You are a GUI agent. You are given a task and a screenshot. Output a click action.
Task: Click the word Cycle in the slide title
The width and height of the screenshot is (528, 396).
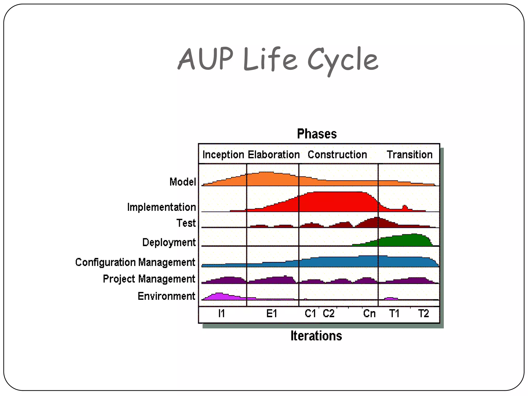[343, 60]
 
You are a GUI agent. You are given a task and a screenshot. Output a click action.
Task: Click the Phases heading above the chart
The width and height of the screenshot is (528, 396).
[317, 134]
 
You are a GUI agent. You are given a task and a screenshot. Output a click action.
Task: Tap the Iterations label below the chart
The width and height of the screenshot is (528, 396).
[316, 336]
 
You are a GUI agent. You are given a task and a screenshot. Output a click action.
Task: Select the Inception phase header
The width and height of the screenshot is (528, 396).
[223, 155]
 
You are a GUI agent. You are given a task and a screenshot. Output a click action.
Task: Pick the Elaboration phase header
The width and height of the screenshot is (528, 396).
[274, 155]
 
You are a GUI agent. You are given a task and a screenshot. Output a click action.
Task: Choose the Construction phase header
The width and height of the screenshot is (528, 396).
[337, 155]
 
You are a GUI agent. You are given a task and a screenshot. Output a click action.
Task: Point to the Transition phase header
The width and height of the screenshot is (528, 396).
[409, 155]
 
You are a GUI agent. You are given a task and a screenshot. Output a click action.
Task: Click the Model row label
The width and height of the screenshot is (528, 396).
[183, 182]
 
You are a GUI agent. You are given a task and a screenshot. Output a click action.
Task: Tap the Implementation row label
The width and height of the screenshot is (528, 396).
[161, 207]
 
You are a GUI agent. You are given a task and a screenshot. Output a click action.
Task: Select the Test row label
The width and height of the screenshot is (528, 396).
[186, 223]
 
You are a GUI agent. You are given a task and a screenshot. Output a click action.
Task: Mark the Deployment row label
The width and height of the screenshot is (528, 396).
[169, 242]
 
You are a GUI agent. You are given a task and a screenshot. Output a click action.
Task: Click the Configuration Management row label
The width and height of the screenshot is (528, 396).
[135, 262]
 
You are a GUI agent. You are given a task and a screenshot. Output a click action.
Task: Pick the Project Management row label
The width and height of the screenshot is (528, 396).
[149, 279]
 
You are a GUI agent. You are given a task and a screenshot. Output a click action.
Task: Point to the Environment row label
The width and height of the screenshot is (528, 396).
[166, 296]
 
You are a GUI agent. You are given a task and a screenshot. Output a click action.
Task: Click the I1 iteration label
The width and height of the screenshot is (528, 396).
[221, 313]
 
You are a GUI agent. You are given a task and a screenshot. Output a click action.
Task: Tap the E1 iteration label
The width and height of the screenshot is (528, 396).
[271, 313]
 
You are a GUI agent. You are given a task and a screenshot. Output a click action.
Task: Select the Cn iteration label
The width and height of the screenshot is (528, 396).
[369, 313]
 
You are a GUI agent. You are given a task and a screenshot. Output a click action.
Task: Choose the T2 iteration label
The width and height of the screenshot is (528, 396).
[423, 313]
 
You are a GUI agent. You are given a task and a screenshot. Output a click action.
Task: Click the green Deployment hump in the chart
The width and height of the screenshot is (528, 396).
[405, 240]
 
